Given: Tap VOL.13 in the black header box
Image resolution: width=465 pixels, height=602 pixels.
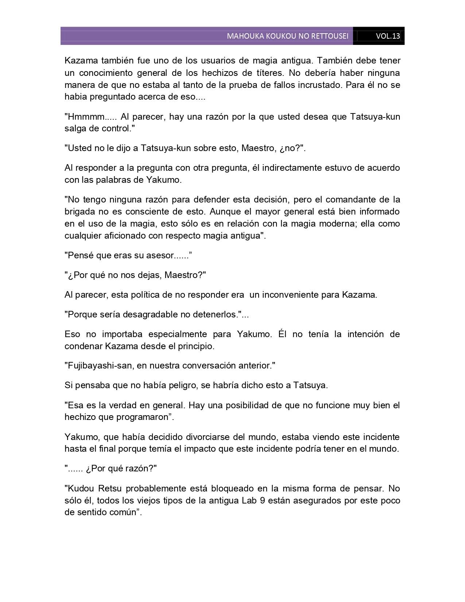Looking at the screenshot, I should point(388,36).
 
